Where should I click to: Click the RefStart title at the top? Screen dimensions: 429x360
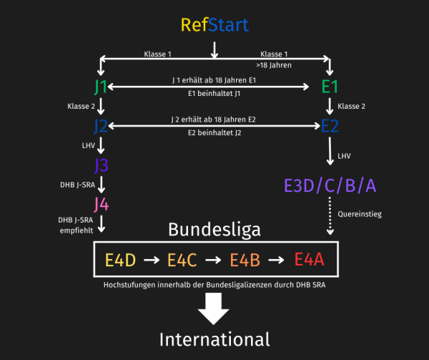(x=214, y=25)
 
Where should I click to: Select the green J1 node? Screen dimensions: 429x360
(x=100, y=87)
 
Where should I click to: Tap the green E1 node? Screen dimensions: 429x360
(x=330, y=87)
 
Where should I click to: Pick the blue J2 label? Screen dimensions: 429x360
(x=101, y=126)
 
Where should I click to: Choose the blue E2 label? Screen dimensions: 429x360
(x=330, y=126)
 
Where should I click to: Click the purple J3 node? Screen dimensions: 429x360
(x=102, y=165)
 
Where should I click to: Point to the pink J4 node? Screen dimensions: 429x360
(x=102, y=205)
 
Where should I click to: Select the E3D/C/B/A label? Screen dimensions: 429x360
(x=330, y=185)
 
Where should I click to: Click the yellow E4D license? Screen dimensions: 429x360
(x=121, y=260)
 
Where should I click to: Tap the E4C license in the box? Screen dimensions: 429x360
(x=182, y=260)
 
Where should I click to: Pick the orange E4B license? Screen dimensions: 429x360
(x=245, y=260)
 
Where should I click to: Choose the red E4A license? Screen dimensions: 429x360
(x=310, y=259)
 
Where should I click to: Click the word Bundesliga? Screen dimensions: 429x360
(x=214, y=230)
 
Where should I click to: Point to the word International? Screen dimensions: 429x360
(x=214, y=339)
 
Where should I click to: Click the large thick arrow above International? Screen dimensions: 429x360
(x=213, y=308)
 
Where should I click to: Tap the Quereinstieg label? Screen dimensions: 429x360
(x=360, y=214)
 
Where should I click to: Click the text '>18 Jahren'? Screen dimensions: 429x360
(x=274, y=65)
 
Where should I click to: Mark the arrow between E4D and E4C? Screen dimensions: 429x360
(x=152, y=260)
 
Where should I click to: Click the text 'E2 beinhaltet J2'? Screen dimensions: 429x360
(x=214, y=133)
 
